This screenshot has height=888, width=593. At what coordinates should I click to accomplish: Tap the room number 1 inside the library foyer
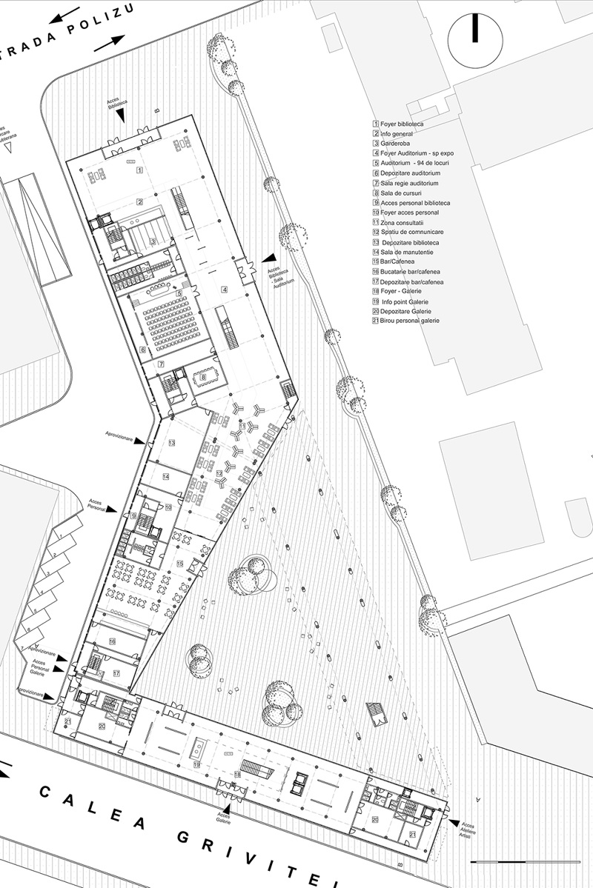click(139, 170)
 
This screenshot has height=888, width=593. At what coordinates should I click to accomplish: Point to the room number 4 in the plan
click(224, 289)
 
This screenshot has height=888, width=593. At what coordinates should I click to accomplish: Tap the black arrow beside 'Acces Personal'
click(111, 509)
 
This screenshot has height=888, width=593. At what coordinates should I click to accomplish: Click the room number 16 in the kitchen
click(112, 641)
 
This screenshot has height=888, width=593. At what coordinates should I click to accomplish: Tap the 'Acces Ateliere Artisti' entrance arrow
click(452, 822)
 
